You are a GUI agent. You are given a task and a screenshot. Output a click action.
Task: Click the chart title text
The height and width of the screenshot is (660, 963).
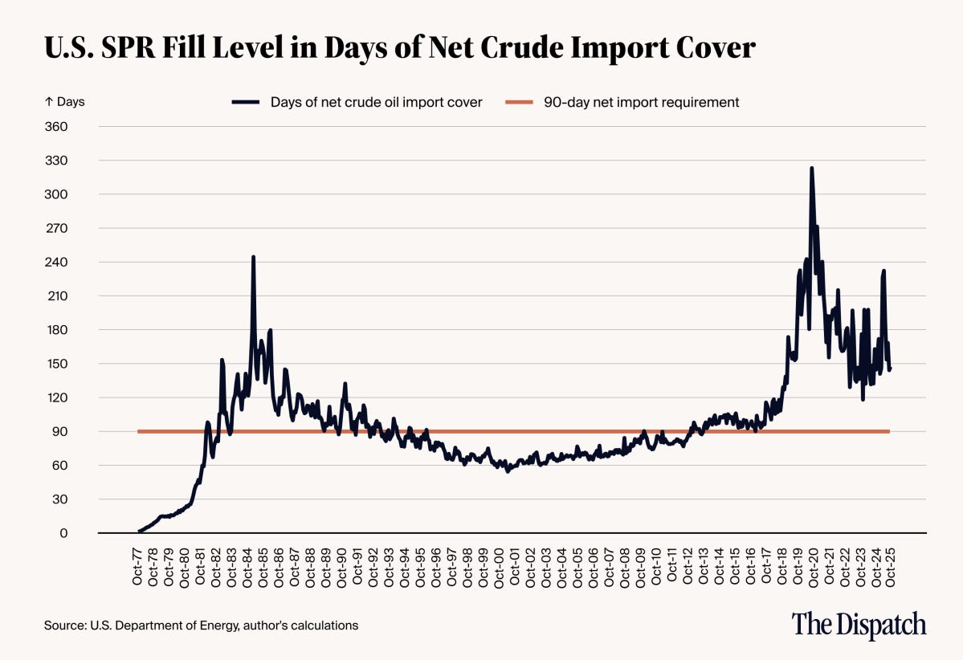point(399,48)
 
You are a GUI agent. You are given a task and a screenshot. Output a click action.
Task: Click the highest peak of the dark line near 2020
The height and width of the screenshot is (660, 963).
point(811,169)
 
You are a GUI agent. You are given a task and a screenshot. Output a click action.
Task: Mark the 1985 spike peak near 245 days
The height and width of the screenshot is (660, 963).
point(253,258)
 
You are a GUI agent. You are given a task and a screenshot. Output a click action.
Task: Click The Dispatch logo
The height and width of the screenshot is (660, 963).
point(859,624)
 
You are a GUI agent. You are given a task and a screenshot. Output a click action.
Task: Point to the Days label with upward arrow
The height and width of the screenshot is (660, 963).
point(64,102)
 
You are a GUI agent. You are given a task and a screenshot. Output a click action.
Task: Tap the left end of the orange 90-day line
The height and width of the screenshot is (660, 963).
point(139,432)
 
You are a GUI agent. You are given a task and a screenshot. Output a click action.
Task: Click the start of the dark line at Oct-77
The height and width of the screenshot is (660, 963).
point(140,531)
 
